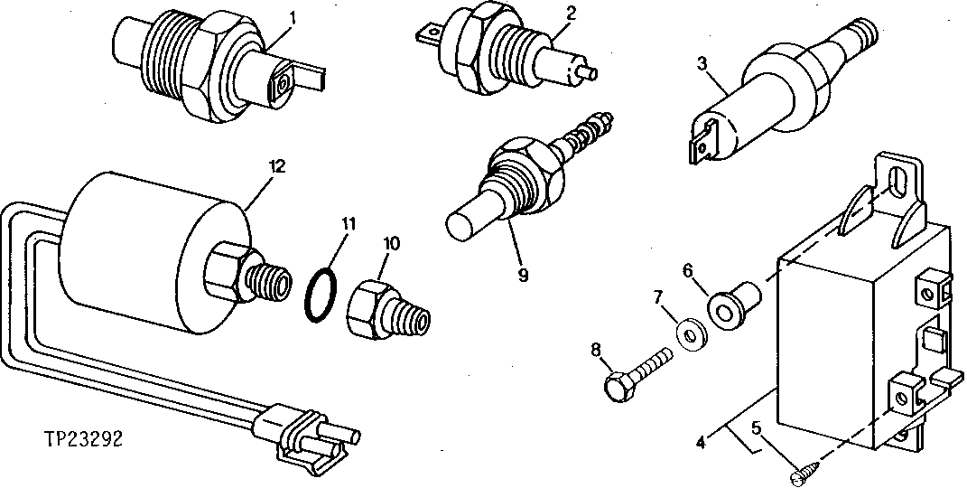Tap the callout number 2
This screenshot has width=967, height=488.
click(x=545, y=12)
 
